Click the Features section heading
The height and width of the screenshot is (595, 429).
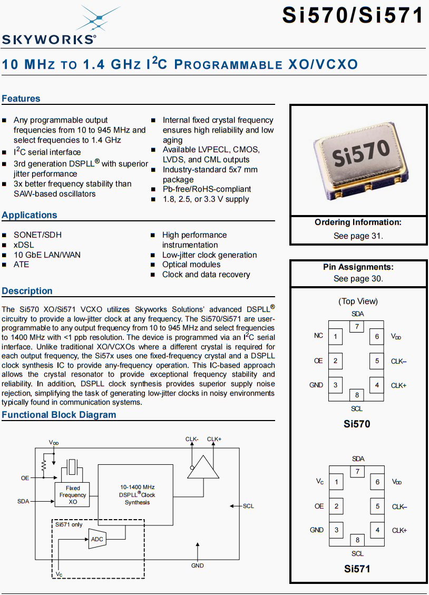tap(21, 99)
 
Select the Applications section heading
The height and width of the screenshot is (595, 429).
tap(30, 215)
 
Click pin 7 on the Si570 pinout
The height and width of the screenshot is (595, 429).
tap(357, 327)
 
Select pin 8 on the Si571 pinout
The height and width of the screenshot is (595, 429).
tap(357, 540)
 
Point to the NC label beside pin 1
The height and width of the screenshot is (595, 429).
tap(318, 336)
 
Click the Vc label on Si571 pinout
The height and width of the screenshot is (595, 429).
tap(320, 481)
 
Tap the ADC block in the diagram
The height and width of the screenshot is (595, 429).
tap(97, 539)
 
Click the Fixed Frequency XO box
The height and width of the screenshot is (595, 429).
tap(73, 495)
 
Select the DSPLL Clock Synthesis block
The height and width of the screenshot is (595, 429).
tap(137, 494)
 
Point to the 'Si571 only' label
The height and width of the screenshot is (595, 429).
tap(69, 524)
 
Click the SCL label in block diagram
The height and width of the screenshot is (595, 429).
tap(248, 506)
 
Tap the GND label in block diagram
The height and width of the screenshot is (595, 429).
tap(198, 565)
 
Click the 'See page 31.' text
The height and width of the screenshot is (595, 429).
tap(358, 236)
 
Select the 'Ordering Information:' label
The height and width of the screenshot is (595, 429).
tap(358, 222)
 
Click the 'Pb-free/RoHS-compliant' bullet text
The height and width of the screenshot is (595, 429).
tap(207, 189)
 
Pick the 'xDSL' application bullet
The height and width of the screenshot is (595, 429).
tap(23, 245)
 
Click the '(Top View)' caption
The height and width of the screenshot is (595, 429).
tap(358, 301)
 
